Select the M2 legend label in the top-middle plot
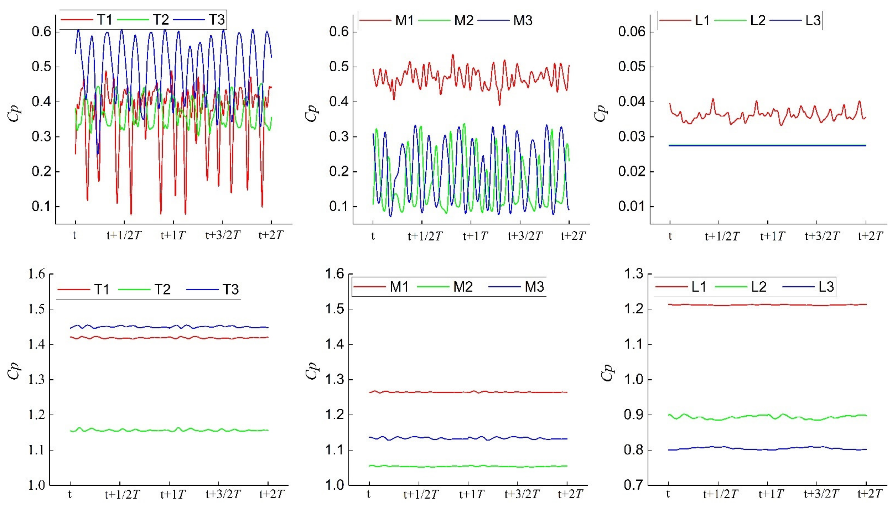(x=464, y=21)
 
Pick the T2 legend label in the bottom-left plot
(x=162, y=289)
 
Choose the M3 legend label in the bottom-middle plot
(x=534, y=287)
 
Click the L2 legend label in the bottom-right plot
(x=759, y=287)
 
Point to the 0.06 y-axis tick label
(x=631, y=32)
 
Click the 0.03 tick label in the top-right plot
(x=631, y=137)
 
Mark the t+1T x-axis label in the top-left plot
(x=173, y=235)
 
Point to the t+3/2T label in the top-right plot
(x=822, y=236)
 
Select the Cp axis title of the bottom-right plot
(x=607, y=373)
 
